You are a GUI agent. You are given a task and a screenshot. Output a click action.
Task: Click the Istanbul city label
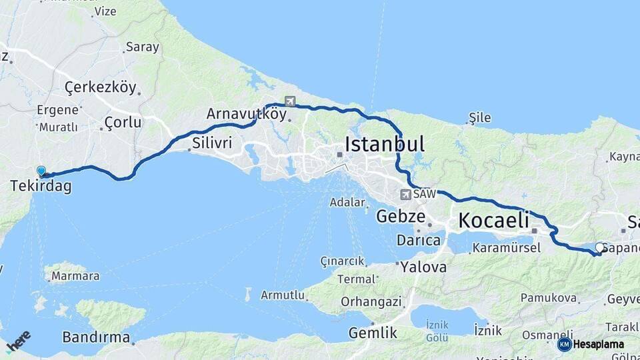(x=385, y=144)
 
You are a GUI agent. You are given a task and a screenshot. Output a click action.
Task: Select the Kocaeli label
(x=493, y=220)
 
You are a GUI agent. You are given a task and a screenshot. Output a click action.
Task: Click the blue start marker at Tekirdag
(x=41, y=171)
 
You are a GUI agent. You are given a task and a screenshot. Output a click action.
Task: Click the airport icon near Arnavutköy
(x=289, y=101)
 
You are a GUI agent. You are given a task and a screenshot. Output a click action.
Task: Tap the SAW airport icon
(x=405, y=195)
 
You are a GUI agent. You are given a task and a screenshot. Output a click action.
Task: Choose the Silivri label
(x=212, y=143)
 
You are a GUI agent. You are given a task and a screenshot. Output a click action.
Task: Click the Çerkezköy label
(x=101, y=87)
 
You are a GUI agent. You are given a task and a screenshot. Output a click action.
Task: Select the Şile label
(x=480, y=118)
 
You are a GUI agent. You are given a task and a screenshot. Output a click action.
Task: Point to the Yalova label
(x=424, y=267)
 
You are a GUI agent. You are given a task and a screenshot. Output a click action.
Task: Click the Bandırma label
(x=96, y=337)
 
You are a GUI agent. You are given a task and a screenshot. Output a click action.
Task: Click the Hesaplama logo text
(x=598, y=345)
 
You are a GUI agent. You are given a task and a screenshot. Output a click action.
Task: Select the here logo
(x=18, y=341)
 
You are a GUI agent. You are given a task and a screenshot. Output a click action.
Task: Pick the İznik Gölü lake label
(x=437, y=331)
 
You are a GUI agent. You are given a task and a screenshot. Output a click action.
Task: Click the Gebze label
(x=401, y=216)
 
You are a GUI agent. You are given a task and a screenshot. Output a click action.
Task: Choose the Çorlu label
(x=123, y=123)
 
